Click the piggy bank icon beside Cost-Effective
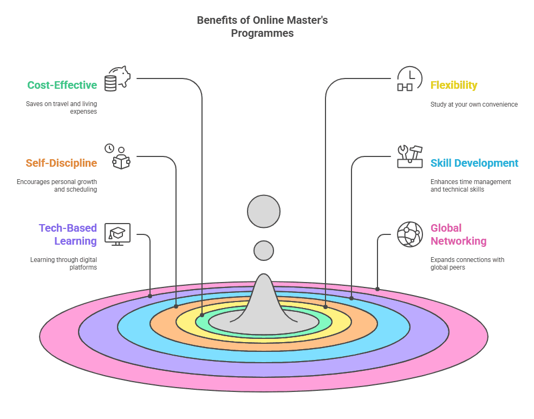click(118, 78)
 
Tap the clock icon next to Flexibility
click(409, 78)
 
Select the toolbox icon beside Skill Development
click(410, 156)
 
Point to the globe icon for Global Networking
click(410, 234)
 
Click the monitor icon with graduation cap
click(118, 234)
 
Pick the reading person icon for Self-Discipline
click(118, 156)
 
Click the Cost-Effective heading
click(62, 85)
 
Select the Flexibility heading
click(454, 85)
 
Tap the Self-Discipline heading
click(61, 163)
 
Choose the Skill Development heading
click(474, 163)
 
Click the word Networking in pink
click(458, 241)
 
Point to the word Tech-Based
click(68, 228)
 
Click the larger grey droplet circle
click(264, 211)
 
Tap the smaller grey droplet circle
click(264, 251)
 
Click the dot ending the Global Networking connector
click(377, 289)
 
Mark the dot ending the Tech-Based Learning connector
click(150, 296)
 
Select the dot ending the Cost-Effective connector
click(202, 315)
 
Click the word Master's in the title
click(307, 20)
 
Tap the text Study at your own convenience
click(474, 104)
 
